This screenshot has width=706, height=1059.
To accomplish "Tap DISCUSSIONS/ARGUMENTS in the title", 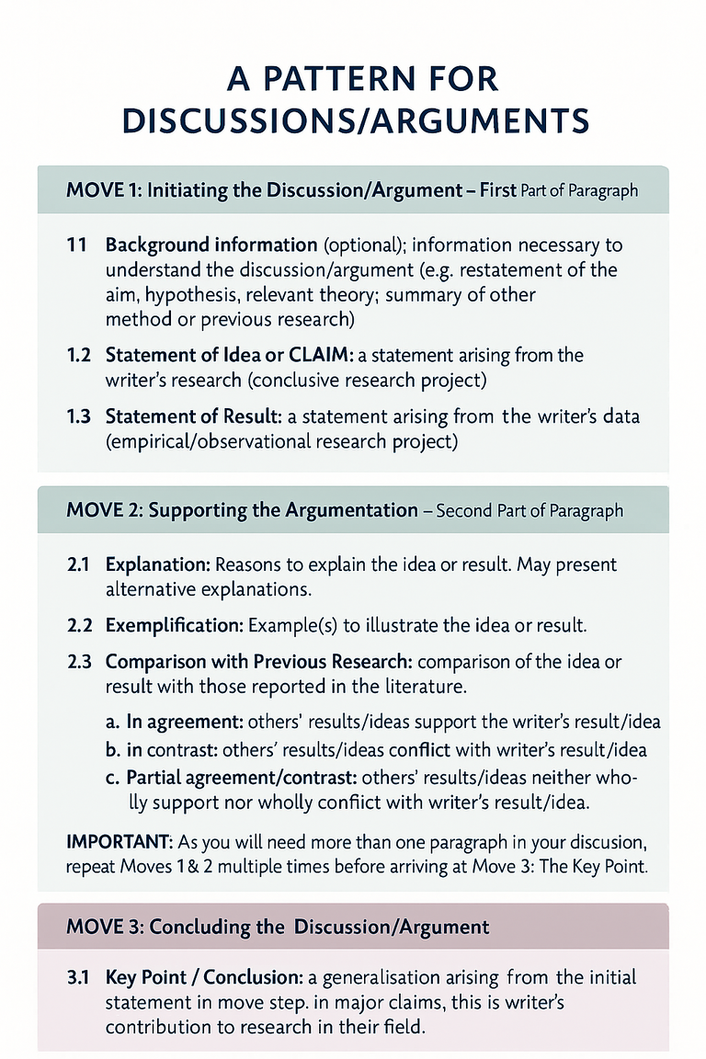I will [x=354, y=121].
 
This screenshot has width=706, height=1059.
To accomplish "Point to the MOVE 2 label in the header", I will [x=103, y=510].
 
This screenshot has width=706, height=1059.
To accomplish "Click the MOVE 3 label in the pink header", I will [x=103, y=926].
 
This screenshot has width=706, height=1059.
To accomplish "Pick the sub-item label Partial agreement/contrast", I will [x=236, y=778].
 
